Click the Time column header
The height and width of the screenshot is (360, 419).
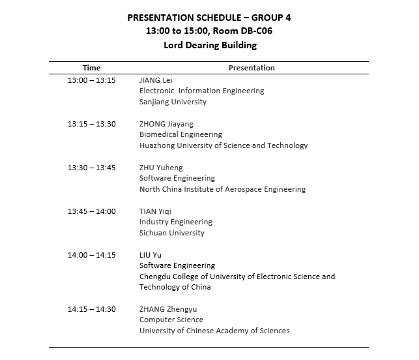click(92, 68)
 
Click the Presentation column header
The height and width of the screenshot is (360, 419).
click(252, 68)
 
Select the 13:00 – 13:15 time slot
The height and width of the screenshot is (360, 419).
click(92, 80)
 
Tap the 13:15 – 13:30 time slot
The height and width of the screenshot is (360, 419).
click(92, 124)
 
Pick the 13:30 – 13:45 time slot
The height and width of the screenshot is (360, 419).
click(92, 168)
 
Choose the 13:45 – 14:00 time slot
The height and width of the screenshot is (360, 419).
click(92, 211)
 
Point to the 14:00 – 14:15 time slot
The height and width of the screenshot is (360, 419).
click(92, 255)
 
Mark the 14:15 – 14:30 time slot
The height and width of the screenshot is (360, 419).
click(92, 309)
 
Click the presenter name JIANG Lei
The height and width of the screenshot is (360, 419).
click(156, 80)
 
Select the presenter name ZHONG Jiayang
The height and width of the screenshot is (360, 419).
click(166, 124)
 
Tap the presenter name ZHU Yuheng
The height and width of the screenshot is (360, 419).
click(161, 168)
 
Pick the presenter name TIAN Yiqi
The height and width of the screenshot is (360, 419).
click(156, 211)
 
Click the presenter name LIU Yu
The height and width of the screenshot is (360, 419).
click(151, 255)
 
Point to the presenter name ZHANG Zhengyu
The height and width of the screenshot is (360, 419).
click(168, 309)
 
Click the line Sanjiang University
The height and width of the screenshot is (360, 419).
click(173, 102)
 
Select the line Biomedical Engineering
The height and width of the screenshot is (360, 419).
click(181, 135)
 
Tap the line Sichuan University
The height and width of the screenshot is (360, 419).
click(172, 233)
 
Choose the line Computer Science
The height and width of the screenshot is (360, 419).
click(171, 320)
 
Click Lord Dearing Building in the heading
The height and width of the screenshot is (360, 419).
click(210, 46)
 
